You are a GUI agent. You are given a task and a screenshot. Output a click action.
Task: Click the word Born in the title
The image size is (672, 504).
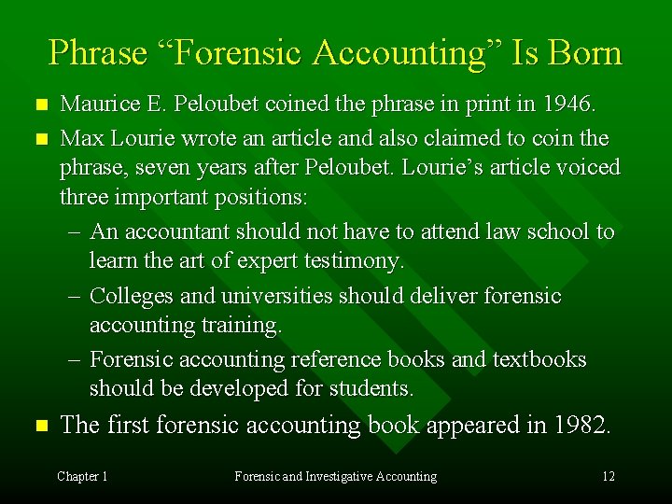click(x=586, y=52)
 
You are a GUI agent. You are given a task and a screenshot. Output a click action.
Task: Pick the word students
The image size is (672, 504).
click(x=370, y=387)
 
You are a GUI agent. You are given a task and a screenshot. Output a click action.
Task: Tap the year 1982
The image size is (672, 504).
click(x=579, y=426)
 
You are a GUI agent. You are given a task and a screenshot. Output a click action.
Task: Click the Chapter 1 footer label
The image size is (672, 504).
click(x=82, y=476)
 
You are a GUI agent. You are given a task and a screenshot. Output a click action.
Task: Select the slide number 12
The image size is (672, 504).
click(x=608, y=476)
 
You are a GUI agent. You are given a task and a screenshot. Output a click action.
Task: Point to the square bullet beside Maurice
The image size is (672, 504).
click(x=38, y=102)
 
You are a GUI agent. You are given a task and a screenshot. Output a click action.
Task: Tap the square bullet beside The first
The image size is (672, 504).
click(x=38, y=427)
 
